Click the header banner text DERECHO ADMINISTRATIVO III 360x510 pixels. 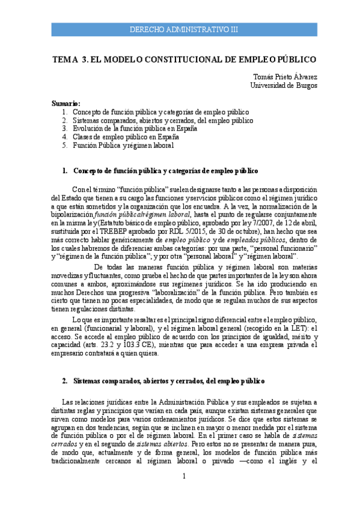click(184, 29)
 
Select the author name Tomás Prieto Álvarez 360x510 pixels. click(285, 77)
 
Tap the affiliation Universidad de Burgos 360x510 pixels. click(284, 85)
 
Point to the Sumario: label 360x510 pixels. click(66, 103)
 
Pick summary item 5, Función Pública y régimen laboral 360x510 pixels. click(123, 146)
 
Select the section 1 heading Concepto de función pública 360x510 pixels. click(165, 171)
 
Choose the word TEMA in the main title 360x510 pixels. click(66, 60)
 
